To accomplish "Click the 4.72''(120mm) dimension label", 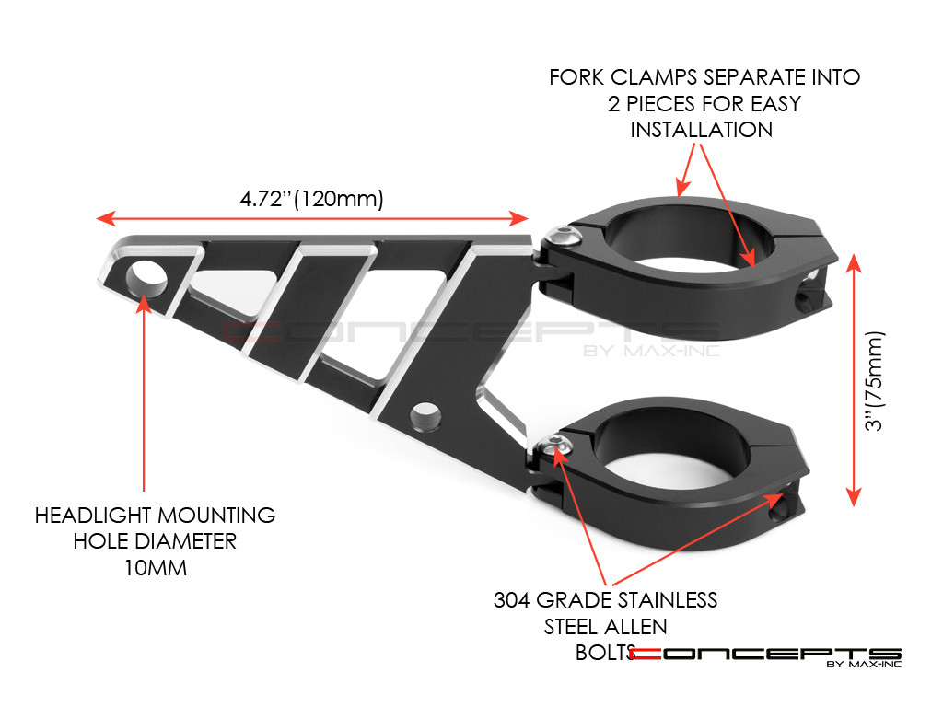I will pyautogui.click(x=312, y=198).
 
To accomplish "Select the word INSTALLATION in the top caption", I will pyautogui.click(x=702, y=130).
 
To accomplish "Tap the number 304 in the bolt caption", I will pyautogui.click(x=513, y=600).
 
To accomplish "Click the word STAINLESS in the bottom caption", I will pyautogui.click(x=660, y=600).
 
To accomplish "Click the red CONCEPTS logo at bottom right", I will pyautogui.click(x=763, y=655).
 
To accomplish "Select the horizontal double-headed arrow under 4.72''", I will pyautogui.click(x=312, y=218).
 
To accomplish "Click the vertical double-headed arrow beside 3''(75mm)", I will pyautogui.click(x=855, y=379).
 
